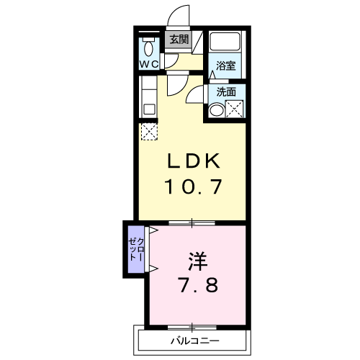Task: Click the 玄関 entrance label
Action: pyautogui.click(x=179, y=40)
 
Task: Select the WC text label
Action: pyautogui.click(x=149, y=64)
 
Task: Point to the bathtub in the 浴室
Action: pyautogui.click(x=225, y=41)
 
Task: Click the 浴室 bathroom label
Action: pyautogui.click(x=225, y=66)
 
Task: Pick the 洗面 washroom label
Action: pyautogui.click(x=226, y=92)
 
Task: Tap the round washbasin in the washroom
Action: pyautogui.click(x=217, y=111)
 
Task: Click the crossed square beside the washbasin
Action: pyautogui.click(x=235, y=109)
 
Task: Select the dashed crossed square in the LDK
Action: pyautogui.click(x=149, y=131)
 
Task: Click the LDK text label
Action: pyautogui.click(x=194, y=161)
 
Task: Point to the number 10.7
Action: pyautogui.click(x=193, y=186)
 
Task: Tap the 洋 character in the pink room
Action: pyautogui.click(x=198, y=261)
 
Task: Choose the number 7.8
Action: pyautogui.click(x=199, y=285)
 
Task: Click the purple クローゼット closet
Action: pyautogui.click(x=136, y=249)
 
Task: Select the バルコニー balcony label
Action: pyautogui.click(x=195, y=341)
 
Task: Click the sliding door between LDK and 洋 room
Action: pyautogui.click(x=192, y=223)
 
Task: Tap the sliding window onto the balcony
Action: pyautogui.click(x=192, y=328)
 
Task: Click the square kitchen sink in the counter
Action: pyautogui.click(x=149, y=109)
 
